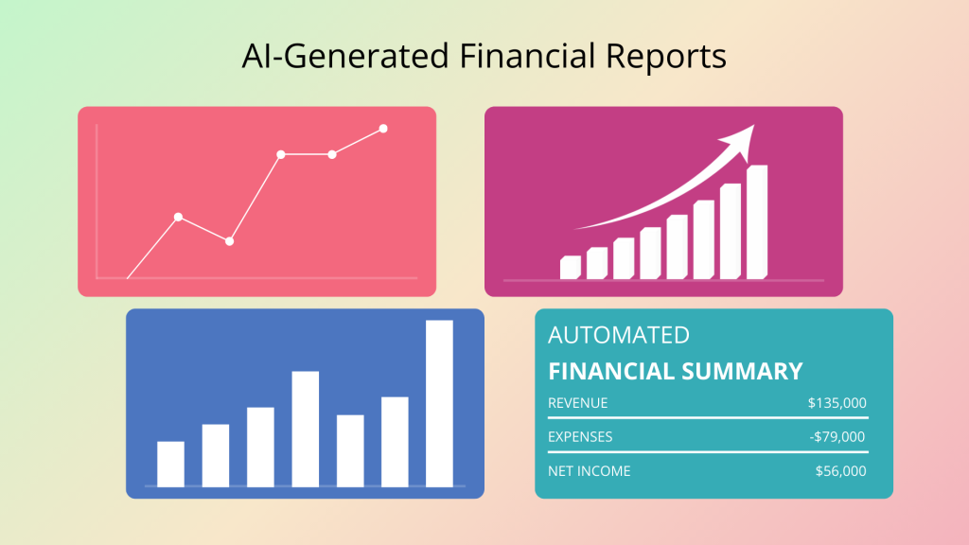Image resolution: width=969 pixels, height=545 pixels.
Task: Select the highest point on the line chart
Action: [383, 129]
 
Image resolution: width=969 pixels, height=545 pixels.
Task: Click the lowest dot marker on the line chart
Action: [229, 241]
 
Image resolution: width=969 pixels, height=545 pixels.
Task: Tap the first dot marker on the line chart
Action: [178, 217]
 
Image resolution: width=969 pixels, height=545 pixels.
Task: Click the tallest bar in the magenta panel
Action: [757, 221]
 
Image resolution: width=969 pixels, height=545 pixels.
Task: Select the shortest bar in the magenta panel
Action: [570, 268]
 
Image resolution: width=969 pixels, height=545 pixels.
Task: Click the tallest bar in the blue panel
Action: [439, 403]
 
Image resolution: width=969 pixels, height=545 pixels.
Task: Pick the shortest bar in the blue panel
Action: [170, 464]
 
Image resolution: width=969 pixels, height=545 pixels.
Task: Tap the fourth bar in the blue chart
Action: [306, 429]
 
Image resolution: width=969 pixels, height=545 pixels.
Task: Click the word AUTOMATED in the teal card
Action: [619, 335]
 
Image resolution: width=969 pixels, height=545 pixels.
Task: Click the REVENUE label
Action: [578, 403]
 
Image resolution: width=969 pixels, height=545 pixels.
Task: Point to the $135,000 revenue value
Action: [837, 403]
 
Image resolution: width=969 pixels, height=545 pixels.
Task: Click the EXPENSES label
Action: [580, 437]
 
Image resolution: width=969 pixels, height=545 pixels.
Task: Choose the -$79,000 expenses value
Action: [837, 437]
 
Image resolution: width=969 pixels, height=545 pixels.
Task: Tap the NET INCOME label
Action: [590, 471]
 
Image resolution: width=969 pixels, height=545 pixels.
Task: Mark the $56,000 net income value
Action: [840, 471]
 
